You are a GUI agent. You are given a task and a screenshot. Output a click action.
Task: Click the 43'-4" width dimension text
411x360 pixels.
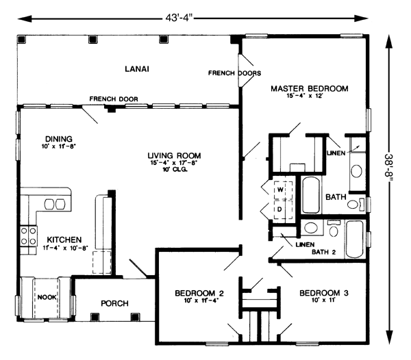pos(179,18)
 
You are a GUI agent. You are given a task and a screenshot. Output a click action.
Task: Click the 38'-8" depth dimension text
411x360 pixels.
pos(388,167)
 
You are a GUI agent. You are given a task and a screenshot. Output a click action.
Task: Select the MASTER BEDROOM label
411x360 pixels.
pos(310,88)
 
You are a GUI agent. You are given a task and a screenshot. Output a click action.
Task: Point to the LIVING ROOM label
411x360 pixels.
pos(174,155)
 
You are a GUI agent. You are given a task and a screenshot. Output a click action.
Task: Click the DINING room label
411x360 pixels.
pos(58,139)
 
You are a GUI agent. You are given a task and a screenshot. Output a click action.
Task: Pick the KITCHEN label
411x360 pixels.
pos(64,240)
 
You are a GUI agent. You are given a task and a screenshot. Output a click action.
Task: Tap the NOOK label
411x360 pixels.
pos(47,297)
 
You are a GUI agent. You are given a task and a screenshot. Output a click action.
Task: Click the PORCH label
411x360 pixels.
pos(114,303)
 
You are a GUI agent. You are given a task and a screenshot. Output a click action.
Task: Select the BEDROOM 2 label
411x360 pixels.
pos(199,293)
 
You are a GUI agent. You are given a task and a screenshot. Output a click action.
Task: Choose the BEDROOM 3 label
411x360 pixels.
pos(324,293)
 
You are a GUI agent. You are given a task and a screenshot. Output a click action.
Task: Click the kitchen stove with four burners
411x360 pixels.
pos(29,236)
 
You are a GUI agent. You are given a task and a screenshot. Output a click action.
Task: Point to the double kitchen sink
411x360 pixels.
pos(55,204)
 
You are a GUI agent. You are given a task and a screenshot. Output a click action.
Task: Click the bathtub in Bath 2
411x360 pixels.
pos(355,240)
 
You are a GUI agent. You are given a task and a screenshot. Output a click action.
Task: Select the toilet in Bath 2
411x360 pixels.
pos(334,229)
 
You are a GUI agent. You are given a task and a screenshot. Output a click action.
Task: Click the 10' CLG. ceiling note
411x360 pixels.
pos(175,170)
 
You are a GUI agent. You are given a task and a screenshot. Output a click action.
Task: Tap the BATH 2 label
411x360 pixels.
pos(324,252)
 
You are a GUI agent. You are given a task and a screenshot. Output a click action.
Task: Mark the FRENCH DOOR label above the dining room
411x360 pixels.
pos(114,99)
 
